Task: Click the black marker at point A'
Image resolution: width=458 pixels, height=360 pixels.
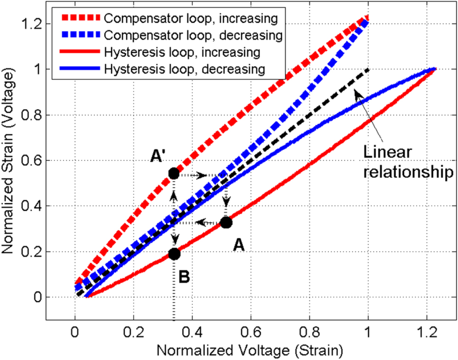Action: [174, 174]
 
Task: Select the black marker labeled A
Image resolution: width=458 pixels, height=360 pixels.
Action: [226, 223]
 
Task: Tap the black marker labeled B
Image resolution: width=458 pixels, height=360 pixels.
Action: [174, 254]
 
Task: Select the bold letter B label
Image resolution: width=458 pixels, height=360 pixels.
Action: [184, 277]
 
